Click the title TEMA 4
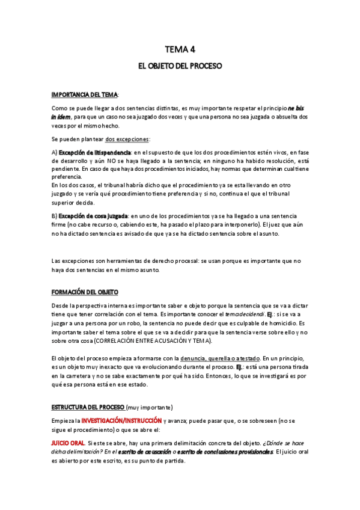pyautogui.click(x=180, y=49)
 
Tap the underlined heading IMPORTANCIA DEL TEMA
pyautogui.click(x=85, y=94)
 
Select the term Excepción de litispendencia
pyautogui.click(x=95, y=153)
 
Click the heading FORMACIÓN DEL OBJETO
pyautogui.click(x=85, y=292)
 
